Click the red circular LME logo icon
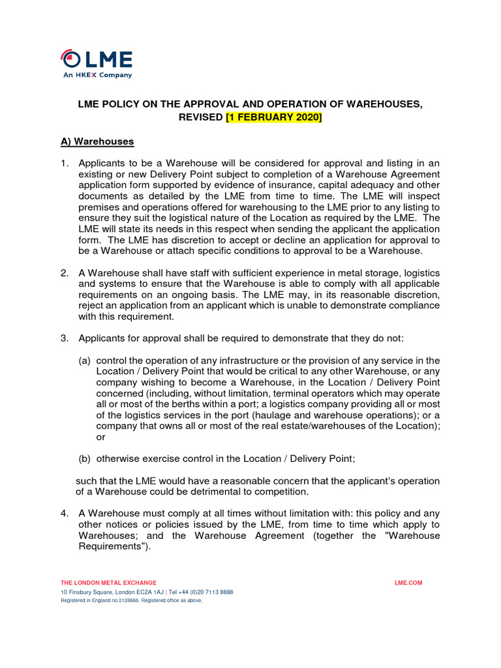[x=69, y=59]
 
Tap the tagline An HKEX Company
[x=97, y=75]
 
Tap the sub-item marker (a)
[x=85, y=361]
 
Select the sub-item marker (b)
[x=85, y=459]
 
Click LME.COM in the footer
[x=408, y=583]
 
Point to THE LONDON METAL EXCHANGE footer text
[x=108, y=583]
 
